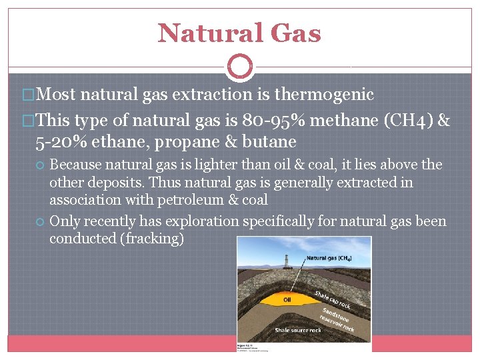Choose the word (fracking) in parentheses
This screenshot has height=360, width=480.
(x=150, y=239)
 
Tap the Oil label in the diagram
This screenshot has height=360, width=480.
(x=287, y=300)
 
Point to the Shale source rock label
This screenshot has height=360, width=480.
(x=299, y=330)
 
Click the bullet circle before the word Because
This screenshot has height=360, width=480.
(x=41, y=165)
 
